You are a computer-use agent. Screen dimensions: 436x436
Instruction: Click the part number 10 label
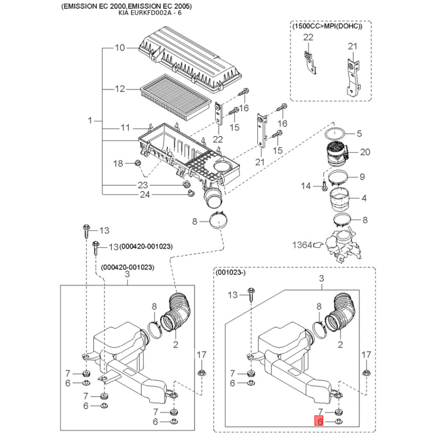pyautogui.click(x=120, y=48)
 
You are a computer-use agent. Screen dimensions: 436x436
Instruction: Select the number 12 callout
pyautogui.click(x=120, y=89)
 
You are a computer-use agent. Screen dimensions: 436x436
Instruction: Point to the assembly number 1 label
pyautogui.click(x=91, y=119)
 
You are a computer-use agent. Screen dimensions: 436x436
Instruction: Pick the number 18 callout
pyautogui.click(x=118, y=163)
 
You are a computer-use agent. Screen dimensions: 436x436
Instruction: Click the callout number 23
pyautogui.click(x=142, y=185)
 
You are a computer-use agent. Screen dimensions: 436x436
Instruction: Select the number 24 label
pyautogui.click(x=144, y=195)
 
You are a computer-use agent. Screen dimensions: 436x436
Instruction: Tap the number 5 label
pyautogui.click(x=359, y=134)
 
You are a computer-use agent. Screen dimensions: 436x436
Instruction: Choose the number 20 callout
pyautogui.click(x=365, y=152)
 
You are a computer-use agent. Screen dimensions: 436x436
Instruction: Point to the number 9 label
pyautogui.click(x=361, y=177)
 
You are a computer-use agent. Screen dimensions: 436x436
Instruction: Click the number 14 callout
pyautogui.click(x=306, y=186)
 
